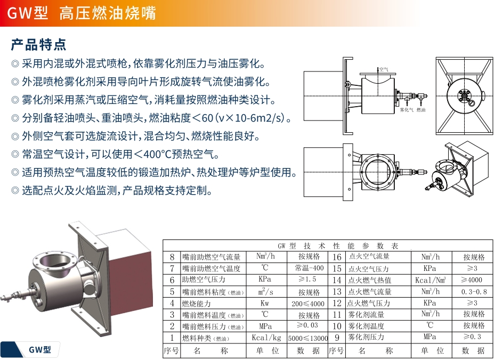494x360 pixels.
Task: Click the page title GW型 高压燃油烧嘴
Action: (x=82, y=13)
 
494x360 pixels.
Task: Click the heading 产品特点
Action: (x=38, y=44)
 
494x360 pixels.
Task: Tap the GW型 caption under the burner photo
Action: (x=39, y=349)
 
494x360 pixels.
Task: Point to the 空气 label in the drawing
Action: (x=384, y=69)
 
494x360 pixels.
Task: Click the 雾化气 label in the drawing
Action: (x=407, y=110)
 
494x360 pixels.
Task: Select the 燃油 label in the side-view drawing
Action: (x=421, y=110)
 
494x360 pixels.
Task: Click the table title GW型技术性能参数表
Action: (x=338, y=245)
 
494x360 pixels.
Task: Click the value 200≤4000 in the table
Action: (x=308, y=303)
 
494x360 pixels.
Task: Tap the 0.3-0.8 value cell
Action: (x=474, y=292)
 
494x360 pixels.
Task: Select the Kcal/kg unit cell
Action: (x=266, y=338)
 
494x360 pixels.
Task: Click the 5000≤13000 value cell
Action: (x=308, y=338)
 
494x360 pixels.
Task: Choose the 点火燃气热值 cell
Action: (x=369, y=280)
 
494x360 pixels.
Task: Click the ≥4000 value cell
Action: (x=472, y=279)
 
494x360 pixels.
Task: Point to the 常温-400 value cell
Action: (x=309, y=268)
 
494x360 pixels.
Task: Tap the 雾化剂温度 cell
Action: (x=366, y=326)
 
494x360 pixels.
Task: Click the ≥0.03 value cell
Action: (x=307, y=325)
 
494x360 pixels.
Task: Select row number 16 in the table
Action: (x=337, y=257)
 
